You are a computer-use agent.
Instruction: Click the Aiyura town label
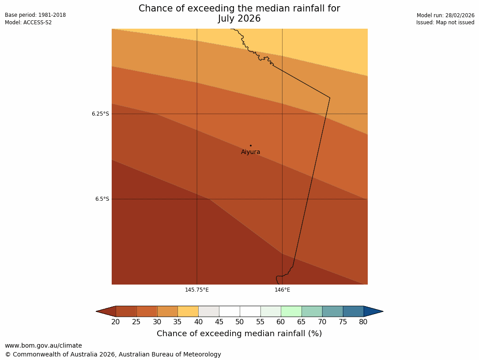point(250,152)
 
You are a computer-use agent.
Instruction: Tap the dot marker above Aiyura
point(250,146)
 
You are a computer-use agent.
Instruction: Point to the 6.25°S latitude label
point(100,114)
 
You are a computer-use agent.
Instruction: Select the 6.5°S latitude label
point(102,199)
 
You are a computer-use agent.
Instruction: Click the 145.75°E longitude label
point(197,290)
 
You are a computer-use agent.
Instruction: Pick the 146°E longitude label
point(283,290)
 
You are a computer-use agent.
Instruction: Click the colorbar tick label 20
point(116,322)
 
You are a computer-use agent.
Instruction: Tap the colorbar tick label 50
point(240,322)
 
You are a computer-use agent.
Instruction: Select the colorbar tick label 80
point(363,322)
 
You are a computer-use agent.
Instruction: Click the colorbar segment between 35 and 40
point(188,311)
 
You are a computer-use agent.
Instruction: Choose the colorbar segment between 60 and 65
point(291,311)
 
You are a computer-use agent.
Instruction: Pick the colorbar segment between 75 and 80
point(353,311)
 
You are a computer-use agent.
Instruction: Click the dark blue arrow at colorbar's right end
point(373,311)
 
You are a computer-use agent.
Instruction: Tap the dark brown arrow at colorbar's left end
point(106,311)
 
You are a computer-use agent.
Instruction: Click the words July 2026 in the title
point(239,19)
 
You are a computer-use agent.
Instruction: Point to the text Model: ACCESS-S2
point(28,22)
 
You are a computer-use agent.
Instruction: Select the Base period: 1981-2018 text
point(35,15)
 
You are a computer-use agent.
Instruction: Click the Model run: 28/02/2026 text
point(445,15)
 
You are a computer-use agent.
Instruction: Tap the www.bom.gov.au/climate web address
point(43,346)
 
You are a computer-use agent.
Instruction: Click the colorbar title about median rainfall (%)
point(239,334)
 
